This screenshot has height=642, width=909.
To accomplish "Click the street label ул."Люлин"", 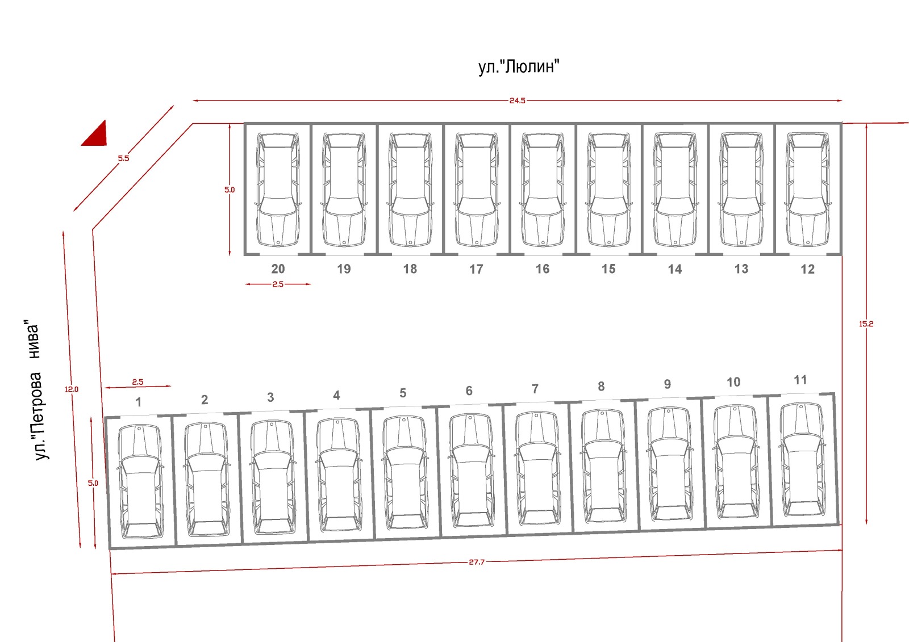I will pyautogui.click(x=518, y=67).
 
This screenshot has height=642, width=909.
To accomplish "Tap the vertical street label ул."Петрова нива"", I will pyautogui.click(x=37, y=391).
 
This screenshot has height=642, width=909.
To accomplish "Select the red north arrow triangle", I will pyautogui.click(x=97, y=135).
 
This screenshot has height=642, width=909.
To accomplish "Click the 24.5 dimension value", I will pyautogui.click(x=517, y=100).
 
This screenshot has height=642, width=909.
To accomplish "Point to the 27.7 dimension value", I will pyautogui.click(x=477, y=562).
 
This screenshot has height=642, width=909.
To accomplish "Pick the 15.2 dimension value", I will pyautogui.click(x=866, y=324).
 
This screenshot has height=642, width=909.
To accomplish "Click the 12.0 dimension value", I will pyautogui.click(x=72, y=389).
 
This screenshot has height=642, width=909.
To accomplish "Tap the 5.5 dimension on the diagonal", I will pyautogui.click(x=123, y=158).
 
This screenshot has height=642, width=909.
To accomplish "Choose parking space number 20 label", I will pyautogui.click(x=278, y=269).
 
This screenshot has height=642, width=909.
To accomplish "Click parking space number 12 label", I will pyautogui.click(x=807, y=269).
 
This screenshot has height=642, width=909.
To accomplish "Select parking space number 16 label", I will pyautogui.click(x=543, y=269).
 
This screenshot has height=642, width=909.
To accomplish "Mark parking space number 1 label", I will pyautogui.click(x=138, y=402).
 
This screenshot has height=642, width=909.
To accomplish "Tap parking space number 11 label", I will pyautogui.click(x=800, y=380).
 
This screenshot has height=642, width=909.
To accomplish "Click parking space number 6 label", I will pyautogui.click(x=469, y=391).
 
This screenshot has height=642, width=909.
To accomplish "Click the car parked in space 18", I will pyautogui.click(x=410, y=190).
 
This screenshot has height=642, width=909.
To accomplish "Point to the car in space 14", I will pyautogui.click(x=675, y=190).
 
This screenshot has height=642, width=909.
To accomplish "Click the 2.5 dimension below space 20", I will pyautogui.click(x=278, y=284).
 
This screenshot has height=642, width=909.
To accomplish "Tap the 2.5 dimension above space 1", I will pyautogui.click(x=137, y=383).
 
